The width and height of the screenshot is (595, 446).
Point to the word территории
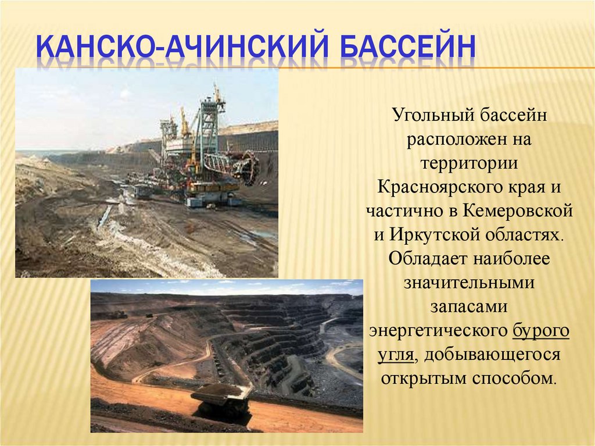coord(469,163)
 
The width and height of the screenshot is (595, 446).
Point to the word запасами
coord(469,306)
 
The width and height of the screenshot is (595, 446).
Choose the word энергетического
coord(438,331)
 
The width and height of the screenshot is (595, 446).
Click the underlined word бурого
coord(541,331)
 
